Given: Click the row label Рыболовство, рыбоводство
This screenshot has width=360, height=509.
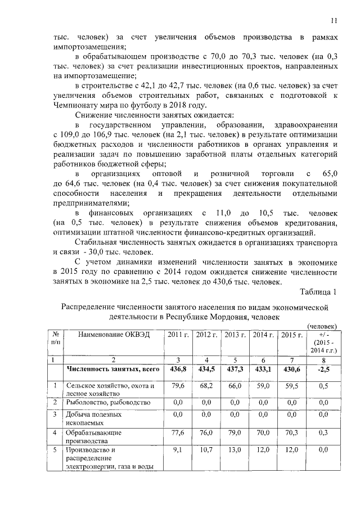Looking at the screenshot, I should [107, 403].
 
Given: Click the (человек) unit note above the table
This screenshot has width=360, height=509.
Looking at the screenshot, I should [322, 326].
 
